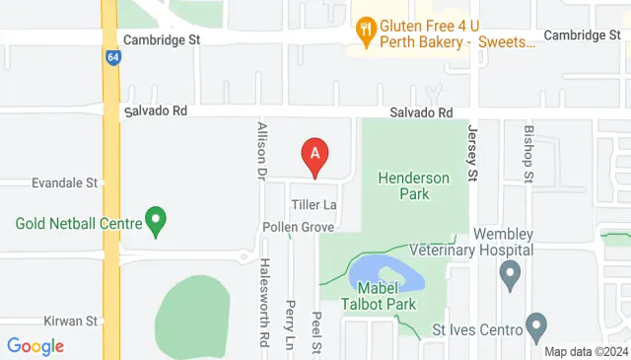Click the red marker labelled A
coord(315,156)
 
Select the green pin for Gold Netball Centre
coord(155,220)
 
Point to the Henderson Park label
coord(414,185)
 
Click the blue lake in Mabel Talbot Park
coord(387,272)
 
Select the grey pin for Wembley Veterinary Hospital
coord(510,274)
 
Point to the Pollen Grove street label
coord(299,227)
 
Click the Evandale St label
coord(65,182)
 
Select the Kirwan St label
coord(70,322)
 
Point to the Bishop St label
coord(528,153)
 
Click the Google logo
coord(35,346)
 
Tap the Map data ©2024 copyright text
coord(585,351)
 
